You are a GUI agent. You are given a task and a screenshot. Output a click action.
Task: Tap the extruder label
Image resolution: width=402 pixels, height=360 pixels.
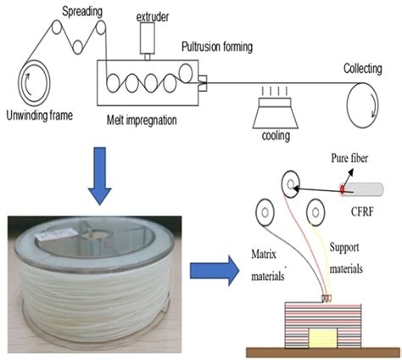(153, 16)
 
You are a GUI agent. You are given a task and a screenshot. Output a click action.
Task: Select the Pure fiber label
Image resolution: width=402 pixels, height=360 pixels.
(349, 160)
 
